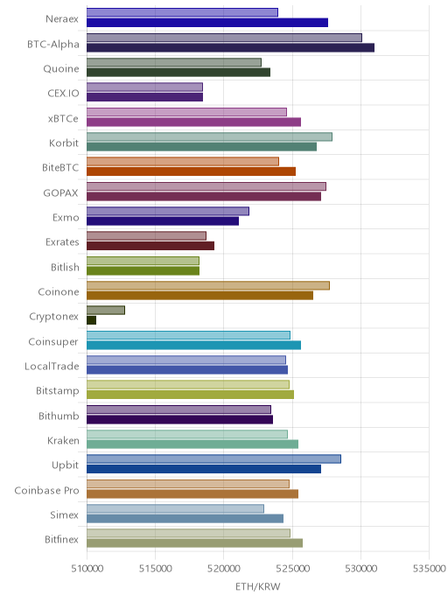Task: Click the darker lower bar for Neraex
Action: [x=207, y=23]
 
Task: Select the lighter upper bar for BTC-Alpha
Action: [x=224, y=38]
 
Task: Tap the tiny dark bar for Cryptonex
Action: [x=91, y=320]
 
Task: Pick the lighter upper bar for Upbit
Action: [x=213, y=458]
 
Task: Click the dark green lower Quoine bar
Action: [x=178, y=72]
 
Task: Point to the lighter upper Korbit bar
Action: [x=210, y=136]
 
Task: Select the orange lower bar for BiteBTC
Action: [x=191, y=171]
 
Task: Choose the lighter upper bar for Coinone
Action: [x=208, y=285]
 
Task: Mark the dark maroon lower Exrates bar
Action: [x=150, y=246]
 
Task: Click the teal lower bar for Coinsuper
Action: [x=194, y=345]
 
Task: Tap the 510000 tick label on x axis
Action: [x=87, y=569]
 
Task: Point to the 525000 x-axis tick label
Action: [x=292, y=569]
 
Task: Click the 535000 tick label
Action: [x=430, y=569]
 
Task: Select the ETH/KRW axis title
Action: [x=257, y=586]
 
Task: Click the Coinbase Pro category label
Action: [x=47, y=490]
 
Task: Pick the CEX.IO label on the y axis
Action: [x=63, y=94]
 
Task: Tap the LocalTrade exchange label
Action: [x=52, y=367]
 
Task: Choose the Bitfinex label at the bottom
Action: [x=61, y=539]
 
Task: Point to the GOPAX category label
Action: [x=60, y=192]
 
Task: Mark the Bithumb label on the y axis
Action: [x=59, y=416]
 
